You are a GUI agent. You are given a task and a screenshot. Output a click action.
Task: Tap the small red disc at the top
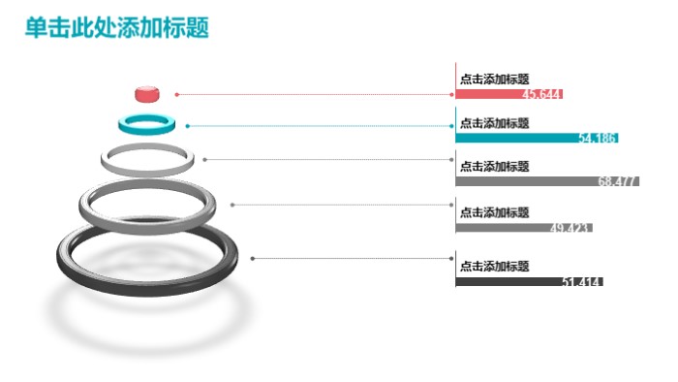point(146,93)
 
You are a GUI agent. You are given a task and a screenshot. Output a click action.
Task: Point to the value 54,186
point(597,138)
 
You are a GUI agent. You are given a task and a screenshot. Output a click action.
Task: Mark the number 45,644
point(541,94)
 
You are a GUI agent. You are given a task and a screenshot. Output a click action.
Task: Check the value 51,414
point(582,282)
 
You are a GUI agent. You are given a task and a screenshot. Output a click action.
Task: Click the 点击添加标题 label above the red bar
point(494,80)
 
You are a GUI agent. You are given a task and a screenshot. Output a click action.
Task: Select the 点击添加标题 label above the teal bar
point(494,123)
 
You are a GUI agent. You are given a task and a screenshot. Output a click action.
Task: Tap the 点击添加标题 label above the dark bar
point(494,267)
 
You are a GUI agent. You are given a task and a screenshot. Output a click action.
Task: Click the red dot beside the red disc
point(176,94)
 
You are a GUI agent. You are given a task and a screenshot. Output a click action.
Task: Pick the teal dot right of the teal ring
point(187,126)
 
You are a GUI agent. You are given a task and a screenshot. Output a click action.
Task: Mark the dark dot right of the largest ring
point(252,258)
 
